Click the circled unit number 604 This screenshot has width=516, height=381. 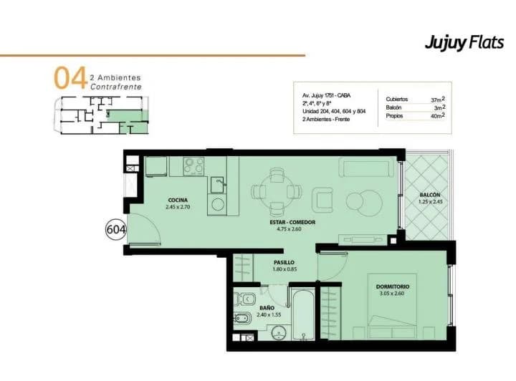point(116,230)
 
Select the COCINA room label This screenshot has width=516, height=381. point(177,200)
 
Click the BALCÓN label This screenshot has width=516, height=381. point(429,195)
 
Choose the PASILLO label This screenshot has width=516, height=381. point(285,262)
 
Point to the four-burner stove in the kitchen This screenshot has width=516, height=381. point(193,166)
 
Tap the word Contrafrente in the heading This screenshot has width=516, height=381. point(116,87)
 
